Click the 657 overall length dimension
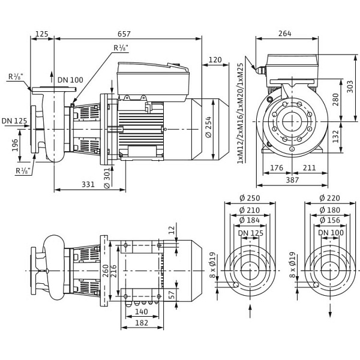pyautogui.click(x=124, y=34)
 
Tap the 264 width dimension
pyautogui.click(x=285, y=34)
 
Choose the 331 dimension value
pyautogui.click(x=88, y=184)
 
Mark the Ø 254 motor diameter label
pyautogui.click(x=209, y=128)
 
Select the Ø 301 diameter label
pyautogui.click(x=107, y=178)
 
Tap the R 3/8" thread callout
pyautogui.click(x=15, y=77)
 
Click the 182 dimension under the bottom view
pyautogui.click(x=141, y=323)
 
